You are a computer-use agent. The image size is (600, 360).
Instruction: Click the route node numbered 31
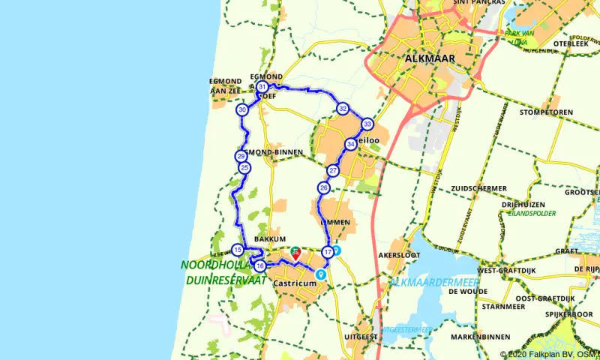(262, 88)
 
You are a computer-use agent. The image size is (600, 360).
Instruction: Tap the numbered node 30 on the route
(242, 110)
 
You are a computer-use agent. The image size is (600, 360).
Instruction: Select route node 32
(342, 109)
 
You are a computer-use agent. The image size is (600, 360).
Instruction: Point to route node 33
(367, 124)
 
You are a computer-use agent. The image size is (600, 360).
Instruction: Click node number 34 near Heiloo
(350, 144)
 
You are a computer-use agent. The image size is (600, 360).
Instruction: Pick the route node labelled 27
(333, 171)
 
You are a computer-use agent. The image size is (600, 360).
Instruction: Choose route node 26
(323, 187)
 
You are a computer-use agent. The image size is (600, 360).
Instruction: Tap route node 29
(241, 156)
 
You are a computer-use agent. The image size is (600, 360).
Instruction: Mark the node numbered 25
(244, 168)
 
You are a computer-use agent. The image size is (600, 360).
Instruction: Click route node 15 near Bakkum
(237, 250)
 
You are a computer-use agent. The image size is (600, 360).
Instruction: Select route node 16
(259, 265)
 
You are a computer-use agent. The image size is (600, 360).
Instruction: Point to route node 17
(327, 251)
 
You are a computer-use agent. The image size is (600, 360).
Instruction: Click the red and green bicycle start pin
(295, 253)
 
